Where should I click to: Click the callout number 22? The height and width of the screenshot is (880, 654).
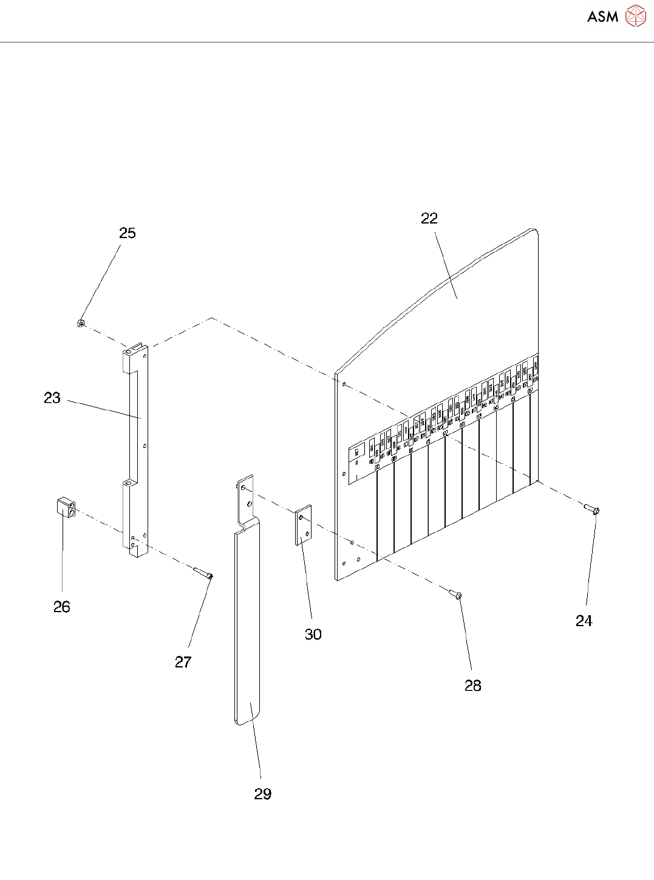tap(429, 219)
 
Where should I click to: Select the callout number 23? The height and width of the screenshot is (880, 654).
tap(52, 398)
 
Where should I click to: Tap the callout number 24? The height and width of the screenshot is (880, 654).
tap(584, 621)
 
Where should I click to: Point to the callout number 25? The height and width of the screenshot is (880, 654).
tap(128, 233)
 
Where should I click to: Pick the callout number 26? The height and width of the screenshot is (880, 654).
tap(62, 607)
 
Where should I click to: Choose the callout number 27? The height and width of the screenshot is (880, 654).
tap(183, 662)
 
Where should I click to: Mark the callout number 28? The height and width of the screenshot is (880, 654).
tap(473, 686)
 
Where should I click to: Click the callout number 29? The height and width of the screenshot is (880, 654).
tap(263, 794)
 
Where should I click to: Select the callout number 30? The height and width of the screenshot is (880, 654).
tap(313, 634)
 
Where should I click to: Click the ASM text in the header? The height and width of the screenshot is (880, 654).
tap(602, 16)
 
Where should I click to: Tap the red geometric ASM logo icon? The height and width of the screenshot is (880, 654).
tap(635, 16)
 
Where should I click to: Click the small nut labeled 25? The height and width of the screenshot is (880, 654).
tap(81, 323)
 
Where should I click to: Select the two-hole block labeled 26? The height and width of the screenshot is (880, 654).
tap(66, 507)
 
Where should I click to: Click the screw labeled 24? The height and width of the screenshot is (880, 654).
tap(591, 509)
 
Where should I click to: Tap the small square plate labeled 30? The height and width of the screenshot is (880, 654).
tap(304, 525)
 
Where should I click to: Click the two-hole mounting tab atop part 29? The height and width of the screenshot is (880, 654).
tap(245, 499)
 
